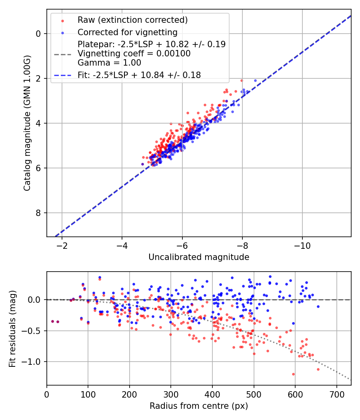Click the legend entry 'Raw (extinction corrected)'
[132, 20]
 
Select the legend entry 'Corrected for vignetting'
[127, 32]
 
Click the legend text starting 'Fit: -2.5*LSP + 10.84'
[139, 75]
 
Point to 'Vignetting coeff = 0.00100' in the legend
[134, 54]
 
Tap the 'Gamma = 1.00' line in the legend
[109, 63]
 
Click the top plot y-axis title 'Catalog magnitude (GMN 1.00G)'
[27, 122]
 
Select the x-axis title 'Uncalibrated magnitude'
[199, 257]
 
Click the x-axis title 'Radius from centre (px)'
[199, 406]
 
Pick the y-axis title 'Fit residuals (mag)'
[12, 328]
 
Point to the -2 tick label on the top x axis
[62, 246]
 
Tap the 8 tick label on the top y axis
[38, 213]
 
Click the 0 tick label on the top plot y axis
[38, 34]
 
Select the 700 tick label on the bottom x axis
[336, 394]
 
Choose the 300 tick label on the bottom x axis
[171, 394]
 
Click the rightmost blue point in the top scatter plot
[255, 80]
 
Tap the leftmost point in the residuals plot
[52, 321]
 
